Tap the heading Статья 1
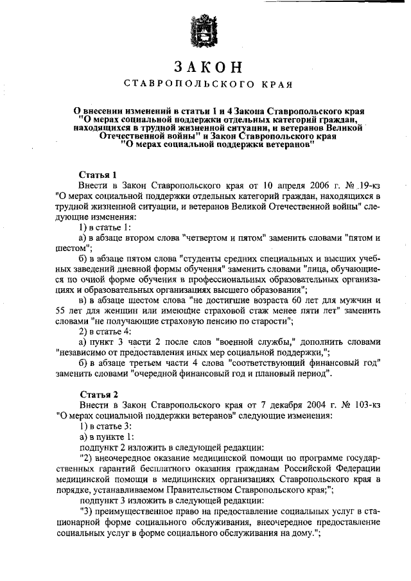[97, 175]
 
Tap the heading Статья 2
[97, 394]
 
